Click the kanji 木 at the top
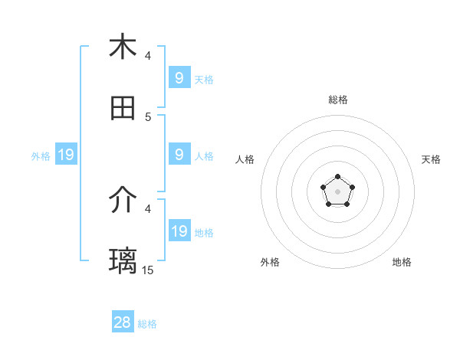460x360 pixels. (123, 47)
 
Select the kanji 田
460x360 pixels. (123, 109)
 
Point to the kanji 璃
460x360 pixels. (123, 260)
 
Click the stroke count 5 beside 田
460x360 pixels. (148, 117)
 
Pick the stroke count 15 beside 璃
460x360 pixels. (148, 270)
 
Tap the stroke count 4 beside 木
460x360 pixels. (148, 56)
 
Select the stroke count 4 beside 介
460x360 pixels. (148, 208)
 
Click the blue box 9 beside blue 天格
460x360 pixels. (179, 78)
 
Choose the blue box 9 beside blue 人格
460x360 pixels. (179, 155)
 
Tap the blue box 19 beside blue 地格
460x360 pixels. (179, 231)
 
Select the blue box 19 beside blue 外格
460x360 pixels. (65, 155)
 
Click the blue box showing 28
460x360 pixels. (122, 322)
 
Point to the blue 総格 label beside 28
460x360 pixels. (147, 324)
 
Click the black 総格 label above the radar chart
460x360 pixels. (337, 100)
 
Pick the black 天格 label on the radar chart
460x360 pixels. (431, 159)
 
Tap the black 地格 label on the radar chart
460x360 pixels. (402, 262)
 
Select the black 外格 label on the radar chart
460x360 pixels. (270, 262)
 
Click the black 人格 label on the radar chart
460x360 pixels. (245, 159)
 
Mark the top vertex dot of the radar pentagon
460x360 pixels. (337, 177)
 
